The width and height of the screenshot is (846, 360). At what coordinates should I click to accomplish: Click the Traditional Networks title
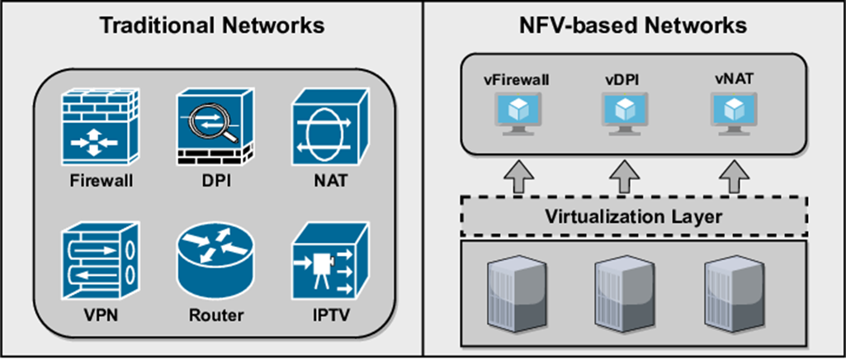[x=211, y=26]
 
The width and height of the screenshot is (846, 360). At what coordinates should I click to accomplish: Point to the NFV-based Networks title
[x=634, y=26]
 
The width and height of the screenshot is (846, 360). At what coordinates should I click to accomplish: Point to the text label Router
[x=212, y=316]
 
